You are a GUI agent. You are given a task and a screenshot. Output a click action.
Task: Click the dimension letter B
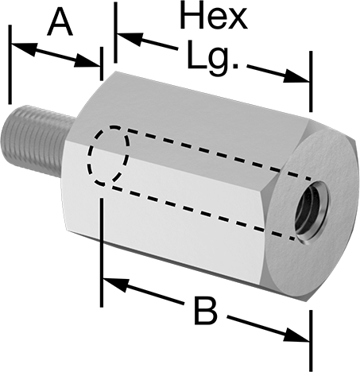[206, 311]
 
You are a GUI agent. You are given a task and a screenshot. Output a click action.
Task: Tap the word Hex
[214, 15]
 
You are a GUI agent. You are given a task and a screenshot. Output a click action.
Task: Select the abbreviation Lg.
[213, 57]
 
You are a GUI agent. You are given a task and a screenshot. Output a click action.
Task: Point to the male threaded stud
[37, 141]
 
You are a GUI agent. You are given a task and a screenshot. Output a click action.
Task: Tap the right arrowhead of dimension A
[87, 60]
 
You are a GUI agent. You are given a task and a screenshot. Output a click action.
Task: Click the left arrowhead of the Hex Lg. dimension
[130, 39]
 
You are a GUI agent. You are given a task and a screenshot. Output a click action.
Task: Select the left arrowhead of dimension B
[116, 285]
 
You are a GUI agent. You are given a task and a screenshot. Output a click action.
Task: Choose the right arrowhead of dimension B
[296, 335]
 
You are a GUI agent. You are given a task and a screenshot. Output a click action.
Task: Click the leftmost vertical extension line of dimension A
[10, 64]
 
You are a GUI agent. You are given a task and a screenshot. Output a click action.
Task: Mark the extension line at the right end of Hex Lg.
[311, 81]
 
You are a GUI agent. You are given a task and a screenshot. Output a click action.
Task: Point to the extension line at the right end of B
[311, 341]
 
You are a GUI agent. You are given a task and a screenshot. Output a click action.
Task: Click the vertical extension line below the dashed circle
[102, 252]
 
